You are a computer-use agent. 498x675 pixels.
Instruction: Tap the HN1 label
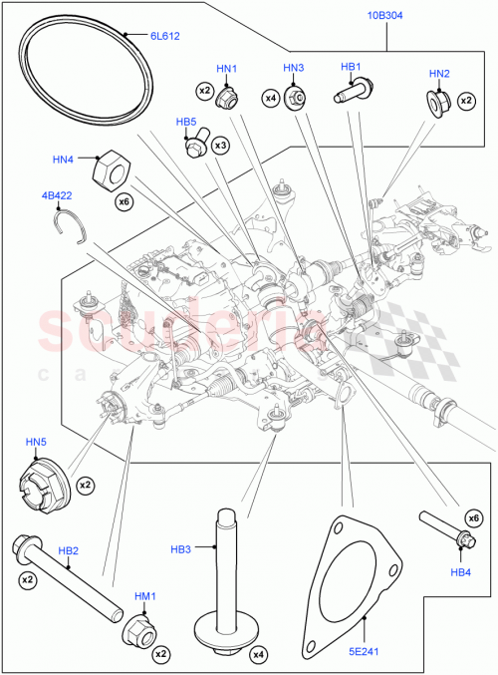(x=228, y=69)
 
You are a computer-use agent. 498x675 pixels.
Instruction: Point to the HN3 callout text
(x=293, y=68)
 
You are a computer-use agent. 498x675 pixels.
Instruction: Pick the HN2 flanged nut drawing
(x=437, y=102)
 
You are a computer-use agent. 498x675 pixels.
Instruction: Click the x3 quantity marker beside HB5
(x=221, y=146)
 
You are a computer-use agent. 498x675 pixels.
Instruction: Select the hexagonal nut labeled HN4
(x=111, y=170)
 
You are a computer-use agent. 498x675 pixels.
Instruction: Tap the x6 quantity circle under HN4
(x=124, y=203)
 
